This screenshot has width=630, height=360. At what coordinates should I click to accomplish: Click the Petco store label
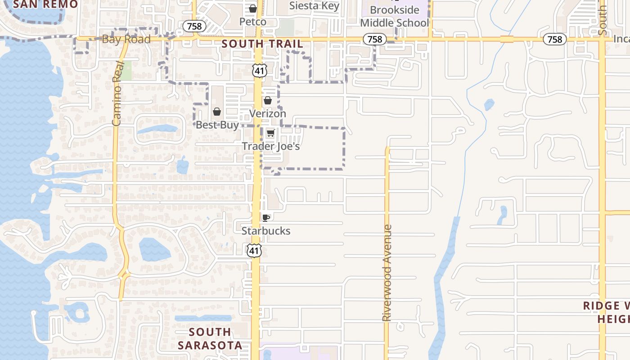tap(252, 22)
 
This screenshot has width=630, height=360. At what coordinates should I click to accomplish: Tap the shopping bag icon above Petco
tap(253, 9)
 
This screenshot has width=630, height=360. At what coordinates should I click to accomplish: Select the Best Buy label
tap(217, 125)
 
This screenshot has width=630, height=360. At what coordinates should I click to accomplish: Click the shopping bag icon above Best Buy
tap(217, 112)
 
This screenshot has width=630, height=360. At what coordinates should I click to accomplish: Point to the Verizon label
tap(268, 113)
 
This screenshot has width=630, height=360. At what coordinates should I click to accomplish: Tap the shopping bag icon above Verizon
tap(268, 100)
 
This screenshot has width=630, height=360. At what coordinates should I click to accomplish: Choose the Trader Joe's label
tap(271, 146)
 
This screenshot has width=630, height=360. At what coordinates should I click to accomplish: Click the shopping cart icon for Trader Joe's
tap(270, 133)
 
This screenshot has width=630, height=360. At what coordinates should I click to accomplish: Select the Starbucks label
tap(266, 231)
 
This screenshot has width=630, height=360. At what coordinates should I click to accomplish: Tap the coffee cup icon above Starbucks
tap(266, 218)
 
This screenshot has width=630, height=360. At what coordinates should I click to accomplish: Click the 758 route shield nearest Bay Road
tap(194, 27)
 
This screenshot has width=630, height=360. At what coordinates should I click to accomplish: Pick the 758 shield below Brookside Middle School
tap(374, 40)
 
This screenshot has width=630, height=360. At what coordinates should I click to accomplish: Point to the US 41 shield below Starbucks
tap(254, 250)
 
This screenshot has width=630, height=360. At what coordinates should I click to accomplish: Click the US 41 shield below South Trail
tap(260, 70)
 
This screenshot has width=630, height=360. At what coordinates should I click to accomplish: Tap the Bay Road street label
tap(126, 39)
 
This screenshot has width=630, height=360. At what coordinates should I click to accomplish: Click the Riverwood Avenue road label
tap(387, 273)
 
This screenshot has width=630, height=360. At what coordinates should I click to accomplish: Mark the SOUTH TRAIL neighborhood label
tap(262, 44)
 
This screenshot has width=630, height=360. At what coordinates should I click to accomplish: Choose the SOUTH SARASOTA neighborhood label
tap(210, 338)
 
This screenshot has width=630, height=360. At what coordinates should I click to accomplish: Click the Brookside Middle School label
tap(394, 16)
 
